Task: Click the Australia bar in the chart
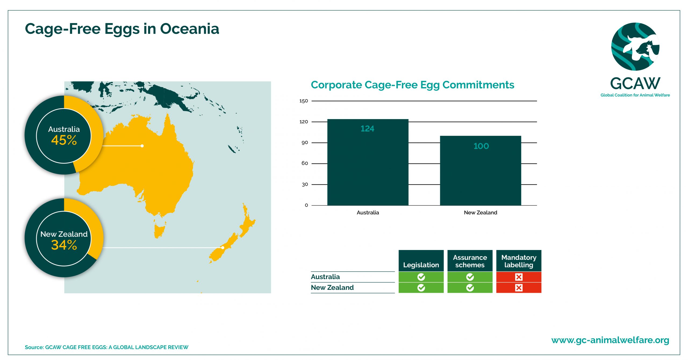point(368,162)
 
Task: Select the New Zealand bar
point(481,170)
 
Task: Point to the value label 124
point(367,129)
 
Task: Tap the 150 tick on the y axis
point(304,101)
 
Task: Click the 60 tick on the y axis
point(304,163)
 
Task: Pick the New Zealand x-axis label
point(481,212)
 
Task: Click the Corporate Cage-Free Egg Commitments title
point(413,85)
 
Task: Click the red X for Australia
point(519,277)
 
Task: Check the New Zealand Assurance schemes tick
point(470,288)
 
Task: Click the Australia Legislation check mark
point(421,277)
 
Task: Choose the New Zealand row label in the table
point(332,287)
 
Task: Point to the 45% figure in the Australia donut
point(64,140)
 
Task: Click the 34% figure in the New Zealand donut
point(64,245)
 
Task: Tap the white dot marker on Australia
point(142,146)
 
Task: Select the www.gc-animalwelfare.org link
point(610,340)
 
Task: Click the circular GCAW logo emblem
point(635,47)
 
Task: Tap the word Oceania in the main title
point(189,29)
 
